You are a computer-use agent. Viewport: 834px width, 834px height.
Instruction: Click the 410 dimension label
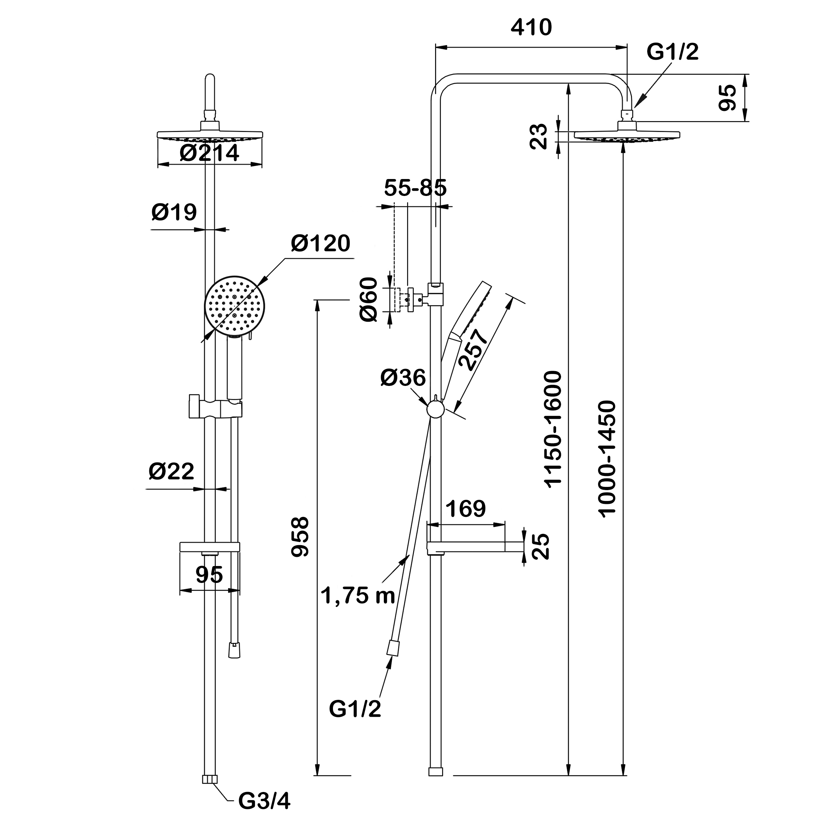[531, 28]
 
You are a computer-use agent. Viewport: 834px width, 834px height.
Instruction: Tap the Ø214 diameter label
[210, 153]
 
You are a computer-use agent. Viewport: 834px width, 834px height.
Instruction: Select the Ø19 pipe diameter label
[174, 212]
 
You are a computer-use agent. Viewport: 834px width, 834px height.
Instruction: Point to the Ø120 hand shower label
[320, 244]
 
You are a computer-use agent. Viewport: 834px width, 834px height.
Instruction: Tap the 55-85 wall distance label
[415, 188]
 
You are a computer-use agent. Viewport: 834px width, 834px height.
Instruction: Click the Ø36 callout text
[403, 378]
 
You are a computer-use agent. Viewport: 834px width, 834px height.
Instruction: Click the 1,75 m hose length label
[358, 596]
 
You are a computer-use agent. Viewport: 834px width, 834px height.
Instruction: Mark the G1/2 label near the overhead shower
[672, 52]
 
